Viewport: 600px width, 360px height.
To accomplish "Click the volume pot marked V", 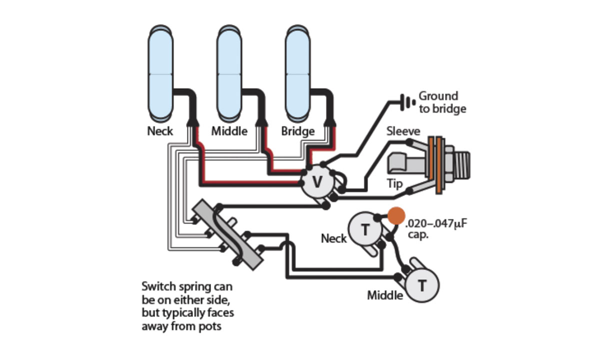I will [317, 182].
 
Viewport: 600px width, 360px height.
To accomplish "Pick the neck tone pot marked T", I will [365, 229].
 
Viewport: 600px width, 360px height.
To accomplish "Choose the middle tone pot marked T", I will [422, 285].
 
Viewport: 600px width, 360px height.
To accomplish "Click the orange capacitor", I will [396, 215].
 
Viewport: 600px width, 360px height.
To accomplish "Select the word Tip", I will [394, 184].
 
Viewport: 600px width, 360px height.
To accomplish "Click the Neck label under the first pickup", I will [160, 131].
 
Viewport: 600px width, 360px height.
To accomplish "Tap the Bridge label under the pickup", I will [297, 131].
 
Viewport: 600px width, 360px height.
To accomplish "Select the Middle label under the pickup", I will [229, 131].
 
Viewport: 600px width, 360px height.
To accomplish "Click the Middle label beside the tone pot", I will [385, 295].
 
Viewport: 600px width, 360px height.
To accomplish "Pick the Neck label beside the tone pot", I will [333, 238].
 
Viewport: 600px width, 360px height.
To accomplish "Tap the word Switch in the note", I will [158, 287].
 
